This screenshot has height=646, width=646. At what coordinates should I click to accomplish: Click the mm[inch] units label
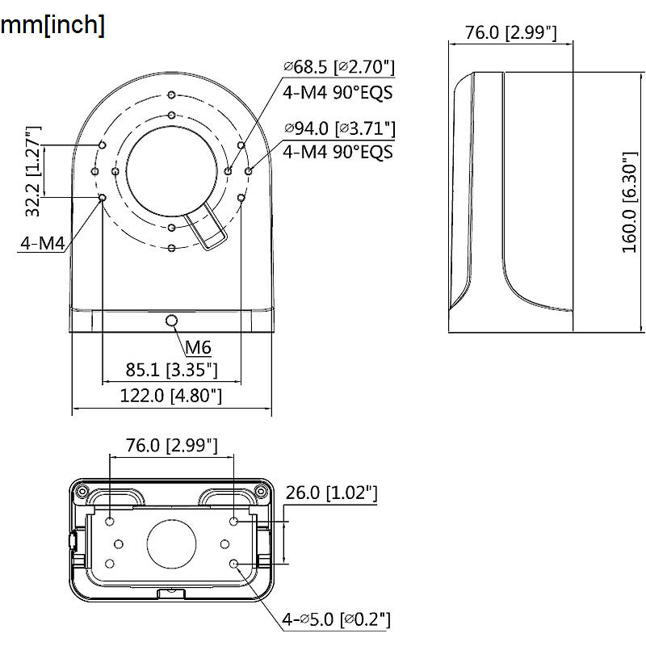[x=52, y=25]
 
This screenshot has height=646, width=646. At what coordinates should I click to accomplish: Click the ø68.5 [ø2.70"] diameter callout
[x=339, y=67]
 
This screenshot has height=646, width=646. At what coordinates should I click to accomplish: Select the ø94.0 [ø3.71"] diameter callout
[x=340, y=128]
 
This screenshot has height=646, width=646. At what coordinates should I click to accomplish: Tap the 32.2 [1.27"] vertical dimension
[x=33, y=171]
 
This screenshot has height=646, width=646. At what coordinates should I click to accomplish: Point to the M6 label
[x=198, y=348]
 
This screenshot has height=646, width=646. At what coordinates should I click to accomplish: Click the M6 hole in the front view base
[x=171, y=320]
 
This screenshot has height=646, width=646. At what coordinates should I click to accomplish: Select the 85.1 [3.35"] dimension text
[x=171, y=370]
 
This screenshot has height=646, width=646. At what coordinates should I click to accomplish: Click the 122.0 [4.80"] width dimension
[x=170, y=396]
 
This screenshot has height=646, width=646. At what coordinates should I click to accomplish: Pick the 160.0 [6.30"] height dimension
[x=630, y=202]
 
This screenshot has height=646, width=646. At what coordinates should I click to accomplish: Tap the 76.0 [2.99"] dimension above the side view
[x=511, y=32]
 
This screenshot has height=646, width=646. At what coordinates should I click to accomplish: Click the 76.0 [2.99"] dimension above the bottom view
[x=171, y=446]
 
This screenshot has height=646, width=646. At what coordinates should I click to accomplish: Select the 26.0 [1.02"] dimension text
[x=331, y=493]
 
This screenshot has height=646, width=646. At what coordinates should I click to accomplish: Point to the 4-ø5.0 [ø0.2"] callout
[x=336, y=619]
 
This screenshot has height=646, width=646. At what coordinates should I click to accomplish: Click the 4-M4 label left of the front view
[x=43, y=244]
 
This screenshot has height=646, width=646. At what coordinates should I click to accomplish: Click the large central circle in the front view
[x=171, y=171]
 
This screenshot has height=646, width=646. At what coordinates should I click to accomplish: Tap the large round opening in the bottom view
[x=171, y=543]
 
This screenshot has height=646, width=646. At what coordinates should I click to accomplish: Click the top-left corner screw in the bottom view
[x=82, y=491]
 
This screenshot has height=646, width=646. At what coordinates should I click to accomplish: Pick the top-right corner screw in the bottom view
[x=261, y=491]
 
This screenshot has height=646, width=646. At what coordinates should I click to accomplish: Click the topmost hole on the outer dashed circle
[x=172, y=95]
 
